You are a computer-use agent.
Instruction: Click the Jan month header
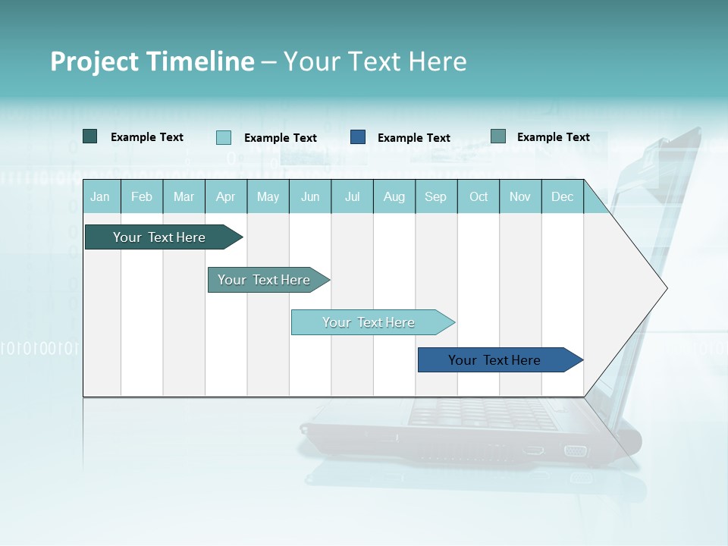[101, 197]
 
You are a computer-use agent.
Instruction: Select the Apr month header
[226, 197]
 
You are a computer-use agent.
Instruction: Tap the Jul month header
[353, 197]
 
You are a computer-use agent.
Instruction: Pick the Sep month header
[435, 197]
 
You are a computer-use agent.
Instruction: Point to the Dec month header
[562, 197]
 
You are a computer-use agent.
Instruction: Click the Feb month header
[142, 197]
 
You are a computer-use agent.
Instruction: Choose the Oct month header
[479, 197]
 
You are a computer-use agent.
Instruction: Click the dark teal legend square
[90, 136]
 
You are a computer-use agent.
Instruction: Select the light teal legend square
[224, 137]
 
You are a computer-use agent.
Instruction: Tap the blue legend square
[358, 137]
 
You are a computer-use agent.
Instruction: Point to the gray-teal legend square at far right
[498, 136]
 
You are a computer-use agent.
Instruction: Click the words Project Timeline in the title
[152, 61]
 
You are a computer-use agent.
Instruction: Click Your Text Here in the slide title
[375, 61]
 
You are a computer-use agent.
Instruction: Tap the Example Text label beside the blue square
[413, 138]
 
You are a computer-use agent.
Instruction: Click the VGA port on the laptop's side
[576, 450]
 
